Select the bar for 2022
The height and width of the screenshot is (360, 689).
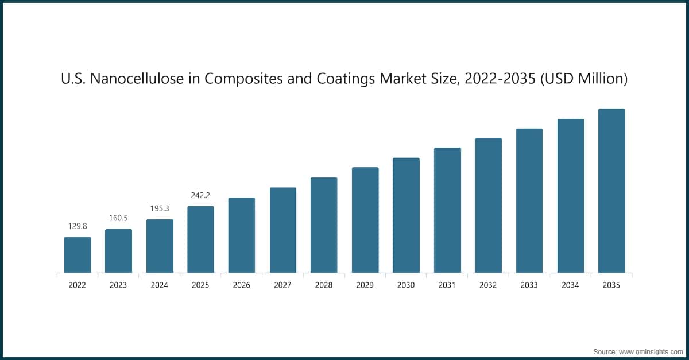(x=78, y=255)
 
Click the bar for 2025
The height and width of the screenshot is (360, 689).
(x=201, y=239)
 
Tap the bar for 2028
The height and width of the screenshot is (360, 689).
(x=324, y=225)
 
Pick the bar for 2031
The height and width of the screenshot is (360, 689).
(x=447, y=210)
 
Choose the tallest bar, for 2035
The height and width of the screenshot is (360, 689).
(x=611, y=191)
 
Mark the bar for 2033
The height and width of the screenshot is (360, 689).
(x=529, y=200)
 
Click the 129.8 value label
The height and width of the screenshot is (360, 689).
(x=78, y=226)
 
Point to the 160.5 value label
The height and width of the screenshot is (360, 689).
(x=118, y=218)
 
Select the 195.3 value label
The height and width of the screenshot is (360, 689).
(x=160, y=208)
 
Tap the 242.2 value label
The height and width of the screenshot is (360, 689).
(x=201, y=195)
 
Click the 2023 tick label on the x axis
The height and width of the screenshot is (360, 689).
(x=118, y=285)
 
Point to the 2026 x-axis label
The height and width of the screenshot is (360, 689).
(x=242, y=285)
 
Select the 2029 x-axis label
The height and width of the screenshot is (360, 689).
(x=365, y=285)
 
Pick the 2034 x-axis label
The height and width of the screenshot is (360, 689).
(x=571, y=285)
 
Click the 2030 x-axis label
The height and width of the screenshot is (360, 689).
(x=406, y=285)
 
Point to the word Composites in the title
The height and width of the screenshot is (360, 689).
(x=244, y=79)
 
